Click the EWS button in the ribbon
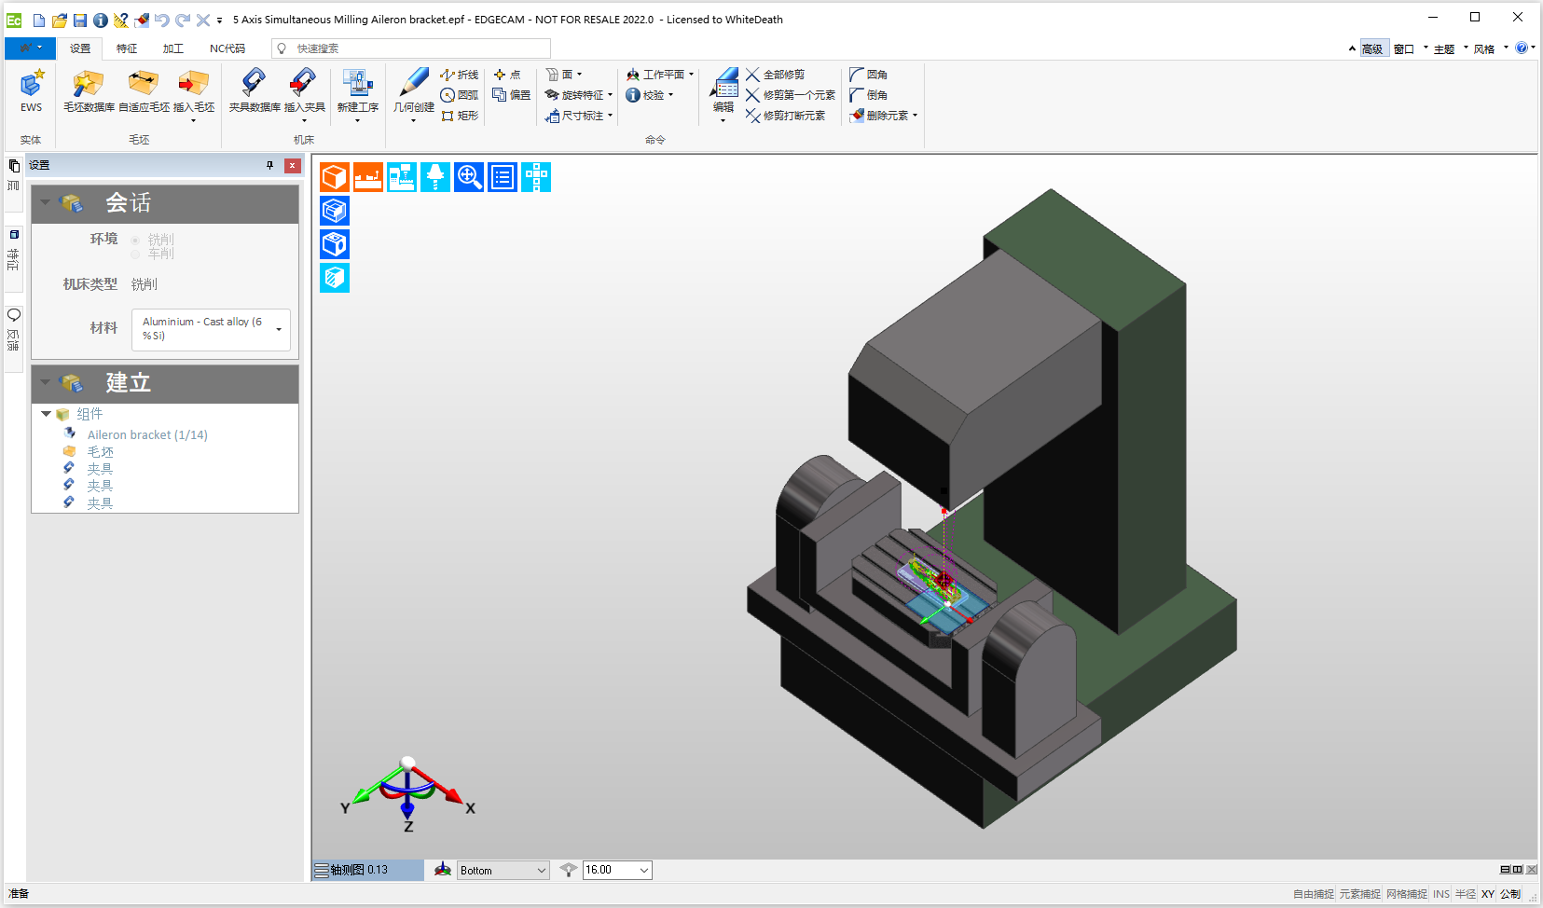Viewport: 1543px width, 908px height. click(31, 91)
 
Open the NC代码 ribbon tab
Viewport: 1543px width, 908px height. click(227, 48)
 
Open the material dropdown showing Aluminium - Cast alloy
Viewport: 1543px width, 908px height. click(212, 329)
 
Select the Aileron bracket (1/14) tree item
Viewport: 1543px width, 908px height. click(147, 435)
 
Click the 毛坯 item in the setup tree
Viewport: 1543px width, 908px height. click(101, 452)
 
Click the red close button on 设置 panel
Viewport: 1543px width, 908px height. click(293, 165)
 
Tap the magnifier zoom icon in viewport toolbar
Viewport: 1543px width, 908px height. click(469, 177)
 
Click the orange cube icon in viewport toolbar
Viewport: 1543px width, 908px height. click(335, 177)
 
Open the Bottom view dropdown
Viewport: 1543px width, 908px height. click(503, 870)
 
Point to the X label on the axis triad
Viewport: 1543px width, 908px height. click(470, 808)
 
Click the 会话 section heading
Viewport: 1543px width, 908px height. click(128, 203)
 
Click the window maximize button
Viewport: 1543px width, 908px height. click(1475, 17)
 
